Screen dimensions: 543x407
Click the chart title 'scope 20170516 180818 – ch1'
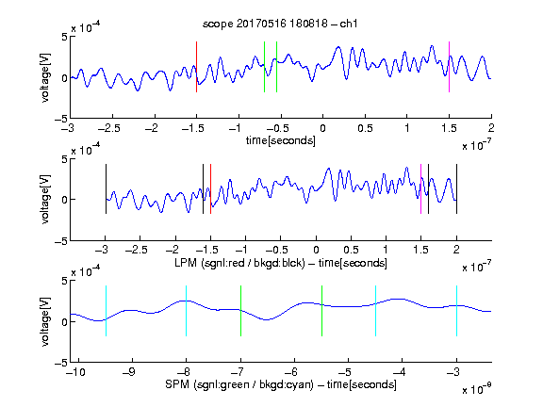tap(280, 24)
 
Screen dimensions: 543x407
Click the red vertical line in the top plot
tap(196, 67)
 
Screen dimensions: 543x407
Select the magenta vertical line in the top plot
tap(449, 67)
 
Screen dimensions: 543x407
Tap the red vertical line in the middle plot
tap(210, 189)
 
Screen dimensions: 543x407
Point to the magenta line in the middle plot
tap(420, 189)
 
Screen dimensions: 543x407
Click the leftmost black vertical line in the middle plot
tap(106, 189)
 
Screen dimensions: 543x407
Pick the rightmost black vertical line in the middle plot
tap(456, 189)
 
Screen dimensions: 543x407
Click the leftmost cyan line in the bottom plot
tap(106, 311)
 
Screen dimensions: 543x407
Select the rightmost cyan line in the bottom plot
tap(456, 311)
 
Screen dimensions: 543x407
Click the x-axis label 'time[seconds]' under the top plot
tap(281, 140)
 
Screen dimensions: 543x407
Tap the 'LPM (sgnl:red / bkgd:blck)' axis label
tap(239, 263)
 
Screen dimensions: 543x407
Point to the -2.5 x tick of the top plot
tap(108, 128)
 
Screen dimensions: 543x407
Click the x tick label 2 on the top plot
tap(491, 128)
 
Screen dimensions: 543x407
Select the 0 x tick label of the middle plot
tap(316, 250)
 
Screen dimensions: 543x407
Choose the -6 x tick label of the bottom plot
tap(294, 372)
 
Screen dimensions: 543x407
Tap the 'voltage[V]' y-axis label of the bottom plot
tap(45, 321)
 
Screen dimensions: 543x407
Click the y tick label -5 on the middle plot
tap(61, 241)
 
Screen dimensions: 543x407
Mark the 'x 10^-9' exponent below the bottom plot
tap(477, 389)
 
